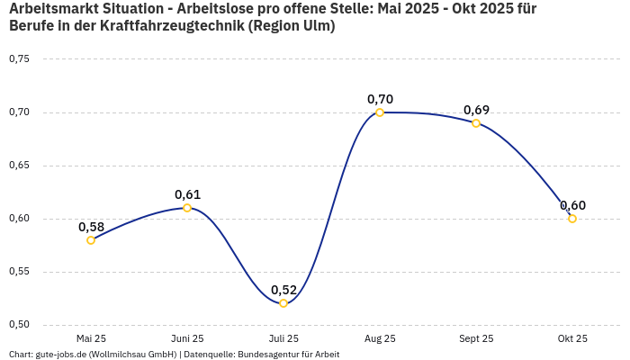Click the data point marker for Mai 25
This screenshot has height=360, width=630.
(x=91, y=240)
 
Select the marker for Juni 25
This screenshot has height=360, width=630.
(x=187, y=208)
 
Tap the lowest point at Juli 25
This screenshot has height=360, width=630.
(x=283, y=303)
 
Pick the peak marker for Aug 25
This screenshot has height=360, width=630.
(x=380, y=112)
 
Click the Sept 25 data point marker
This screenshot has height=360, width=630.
(x=476, y=123)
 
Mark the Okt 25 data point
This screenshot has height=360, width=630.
(x=572, y=219)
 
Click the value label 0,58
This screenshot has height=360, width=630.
(x=91, y=227)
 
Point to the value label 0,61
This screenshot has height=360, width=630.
(x=187, y=194)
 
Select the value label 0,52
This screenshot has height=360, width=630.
(x=283, y=290)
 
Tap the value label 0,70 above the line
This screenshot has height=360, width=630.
(x=380, y=99)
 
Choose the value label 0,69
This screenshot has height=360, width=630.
(x=476, y=110)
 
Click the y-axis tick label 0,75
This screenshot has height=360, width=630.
(x=19, y=59)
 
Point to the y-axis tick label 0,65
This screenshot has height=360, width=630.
(x=19, y=166)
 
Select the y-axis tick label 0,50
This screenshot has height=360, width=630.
(x=19, y=325)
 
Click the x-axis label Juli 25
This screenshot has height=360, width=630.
(x=283, y=338)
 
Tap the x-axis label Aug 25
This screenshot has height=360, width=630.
(x=380, y=338)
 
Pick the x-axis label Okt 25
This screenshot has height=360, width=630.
(x=572, y=338)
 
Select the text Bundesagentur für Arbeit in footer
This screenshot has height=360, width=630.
(x=288, y=354)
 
